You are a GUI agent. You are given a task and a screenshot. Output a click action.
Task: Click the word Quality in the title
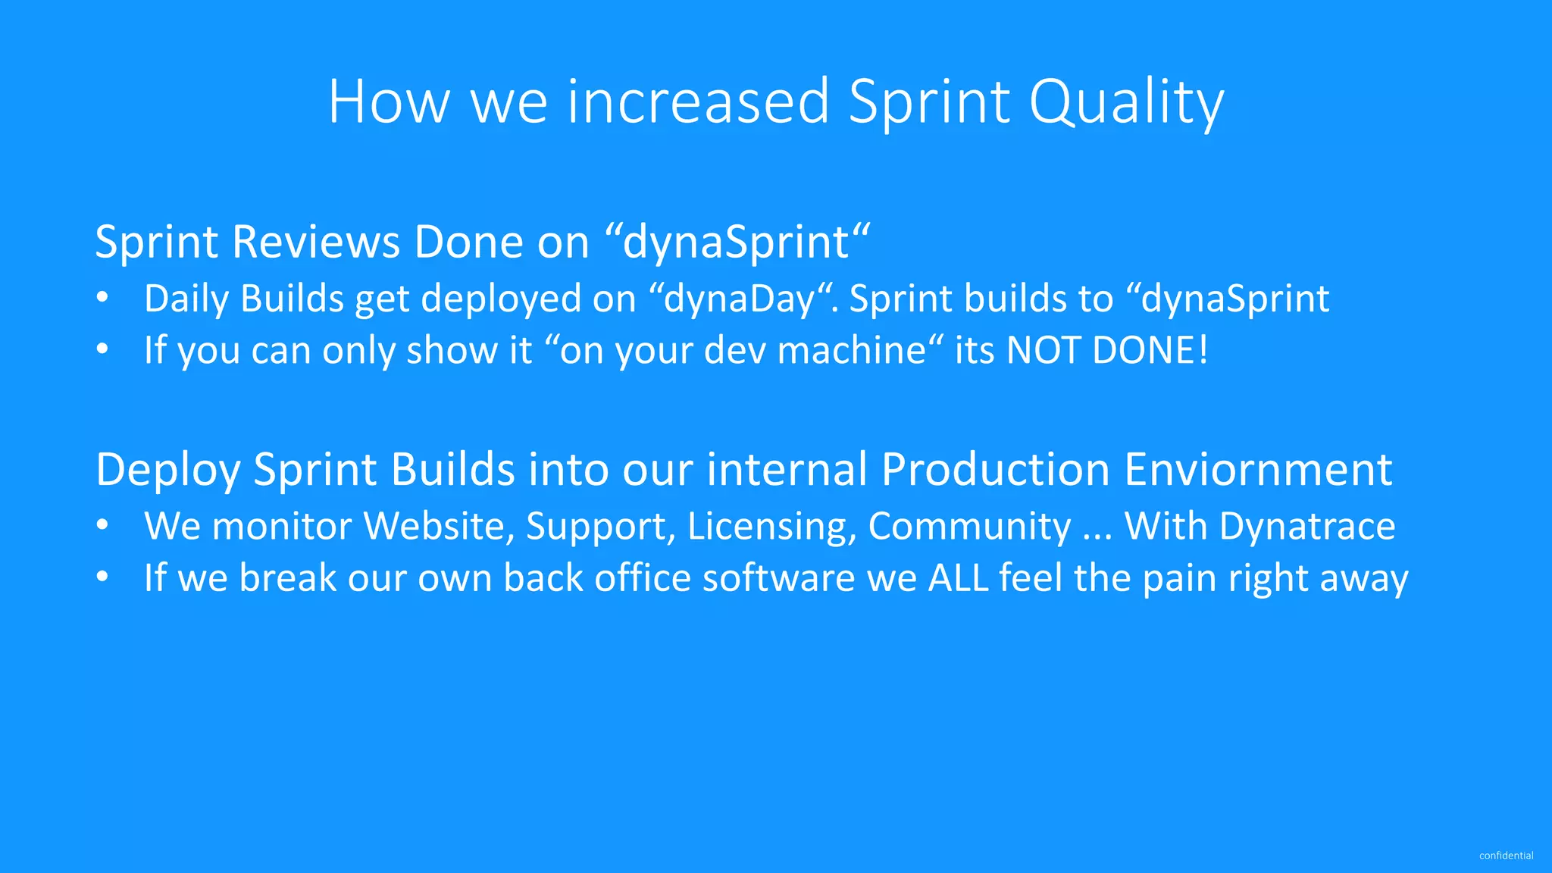[1126, 102]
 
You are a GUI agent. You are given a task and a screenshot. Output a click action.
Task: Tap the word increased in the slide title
[698, 102]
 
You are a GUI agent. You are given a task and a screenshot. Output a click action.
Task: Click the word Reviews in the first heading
[315, 242]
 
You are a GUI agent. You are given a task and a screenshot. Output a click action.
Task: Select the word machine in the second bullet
[851, 350]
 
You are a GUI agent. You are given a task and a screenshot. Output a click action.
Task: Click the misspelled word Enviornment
[1258, 470]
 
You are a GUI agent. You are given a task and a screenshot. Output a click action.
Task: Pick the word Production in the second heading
[996, 470]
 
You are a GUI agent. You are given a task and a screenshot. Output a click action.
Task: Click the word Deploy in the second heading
[167, 470]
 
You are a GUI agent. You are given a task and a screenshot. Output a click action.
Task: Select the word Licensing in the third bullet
[771, 526]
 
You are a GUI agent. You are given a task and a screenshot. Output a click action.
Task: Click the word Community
[969, 526]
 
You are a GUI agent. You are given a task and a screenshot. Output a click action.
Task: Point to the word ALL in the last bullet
[958, 577]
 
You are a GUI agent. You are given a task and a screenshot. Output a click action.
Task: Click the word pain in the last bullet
[1179, 577]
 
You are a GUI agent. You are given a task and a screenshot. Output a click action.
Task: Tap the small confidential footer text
[1506, 856]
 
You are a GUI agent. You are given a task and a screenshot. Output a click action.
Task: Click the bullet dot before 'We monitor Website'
[103, 525]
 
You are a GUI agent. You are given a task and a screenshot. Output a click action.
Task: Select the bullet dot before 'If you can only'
[103, 349]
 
